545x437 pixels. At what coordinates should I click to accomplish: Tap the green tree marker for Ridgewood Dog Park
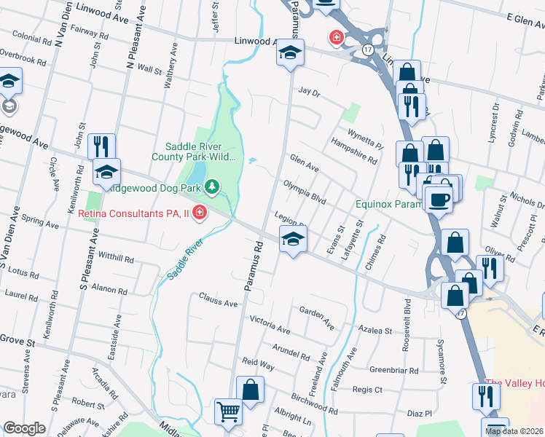point(212,187)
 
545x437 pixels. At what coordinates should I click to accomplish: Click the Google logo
point(24,429)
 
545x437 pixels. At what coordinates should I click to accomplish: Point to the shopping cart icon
point(228,412)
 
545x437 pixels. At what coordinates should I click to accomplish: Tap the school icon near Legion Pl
point(293,239)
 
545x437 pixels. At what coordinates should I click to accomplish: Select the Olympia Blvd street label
point(304,191)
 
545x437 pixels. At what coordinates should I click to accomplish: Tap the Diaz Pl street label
point(420,414)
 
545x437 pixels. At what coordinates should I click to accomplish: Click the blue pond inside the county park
point(196,173)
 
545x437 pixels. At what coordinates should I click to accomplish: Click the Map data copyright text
point(514,431)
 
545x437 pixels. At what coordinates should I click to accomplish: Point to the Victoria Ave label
point(270,325)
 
